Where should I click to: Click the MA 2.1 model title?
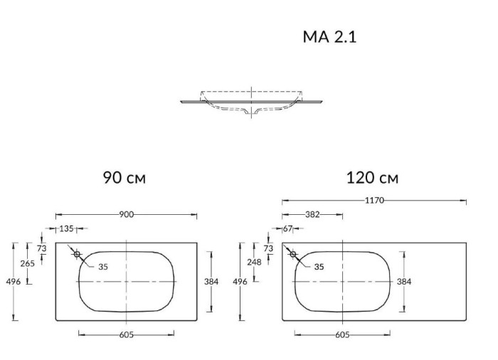pos(329,37)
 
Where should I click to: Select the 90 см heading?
pos(124,178)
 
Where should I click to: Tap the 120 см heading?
pos(372,178)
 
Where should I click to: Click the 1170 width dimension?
pos(374,201)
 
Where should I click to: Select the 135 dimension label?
pos(66,228)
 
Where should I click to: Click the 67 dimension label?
pos(287,228)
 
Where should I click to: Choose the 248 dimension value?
pos(254,262)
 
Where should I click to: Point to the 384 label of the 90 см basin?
pos(211,282)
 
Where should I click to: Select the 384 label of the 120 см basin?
pos(404,282)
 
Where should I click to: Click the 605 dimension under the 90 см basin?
pos(126,334)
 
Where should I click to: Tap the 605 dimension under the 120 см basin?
pos(341,334)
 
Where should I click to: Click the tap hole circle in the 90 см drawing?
pos(77,253)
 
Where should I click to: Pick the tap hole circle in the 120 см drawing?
pos(292,253)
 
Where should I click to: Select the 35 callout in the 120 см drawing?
pos(319,268)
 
